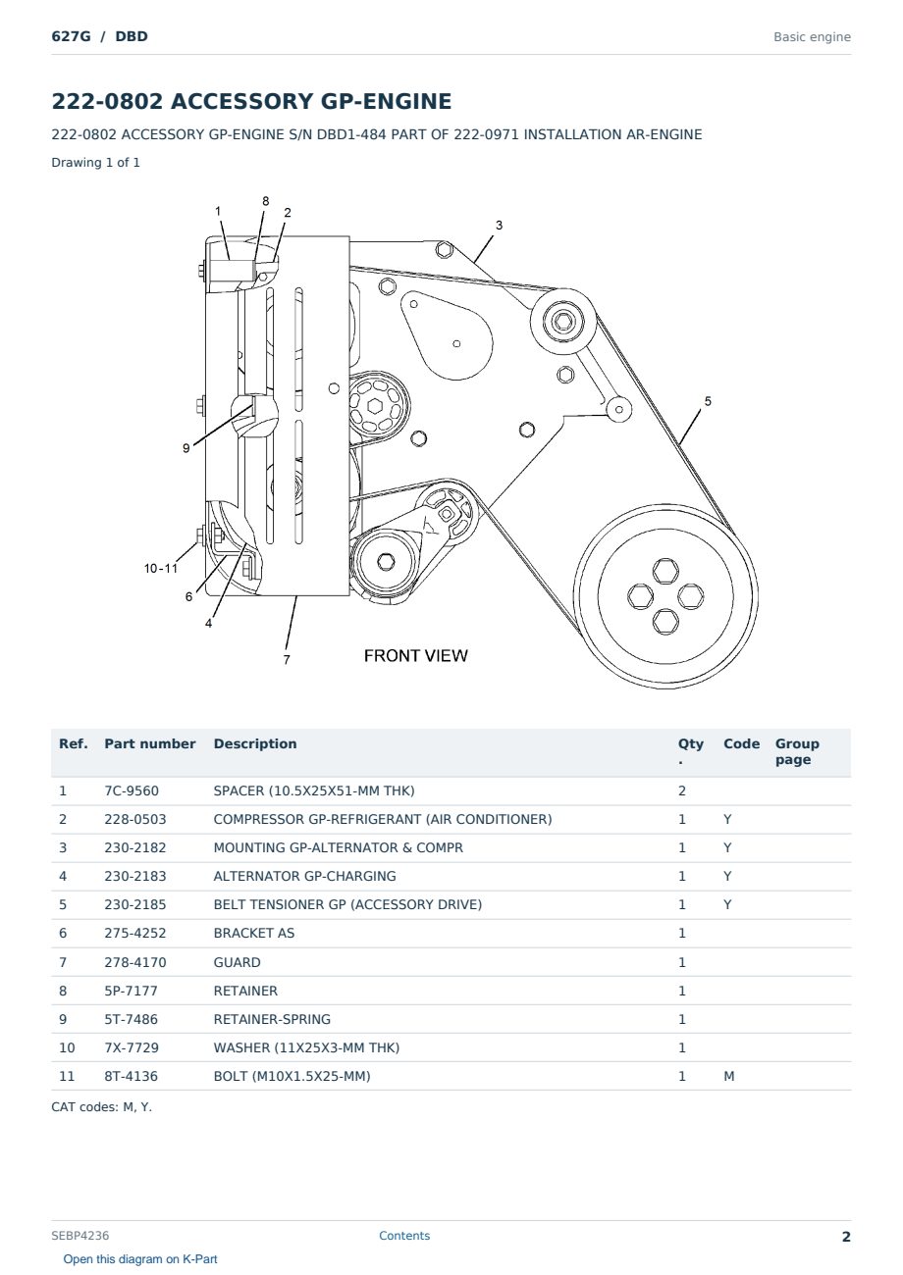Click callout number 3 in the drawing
click(499, 225)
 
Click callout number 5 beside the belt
click(708, 401)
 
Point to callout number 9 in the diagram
click(186, 448)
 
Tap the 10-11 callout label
click(161, 568)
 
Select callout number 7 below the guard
click(287, 660)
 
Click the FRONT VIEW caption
click(416, 656)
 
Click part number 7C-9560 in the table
click(132, 790)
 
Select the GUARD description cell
click(237, 962)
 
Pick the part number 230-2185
click(135, 904)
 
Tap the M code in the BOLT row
click(728, 1076)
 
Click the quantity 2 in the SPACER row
click(682, 790)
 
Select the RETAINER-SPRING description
click(272, 1019)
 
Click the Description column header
click(255, 743)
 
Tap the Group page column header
click(797, 751)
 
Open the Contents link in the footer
click(404, 1235)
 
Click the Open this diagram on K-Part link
click(140, 1258)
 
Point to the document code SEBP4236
click(80, 1235)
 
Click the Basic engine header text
click(812, 37)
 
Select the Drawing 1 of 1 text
click(96, 162)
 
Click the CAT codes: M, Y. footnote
click(101, 1106)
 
